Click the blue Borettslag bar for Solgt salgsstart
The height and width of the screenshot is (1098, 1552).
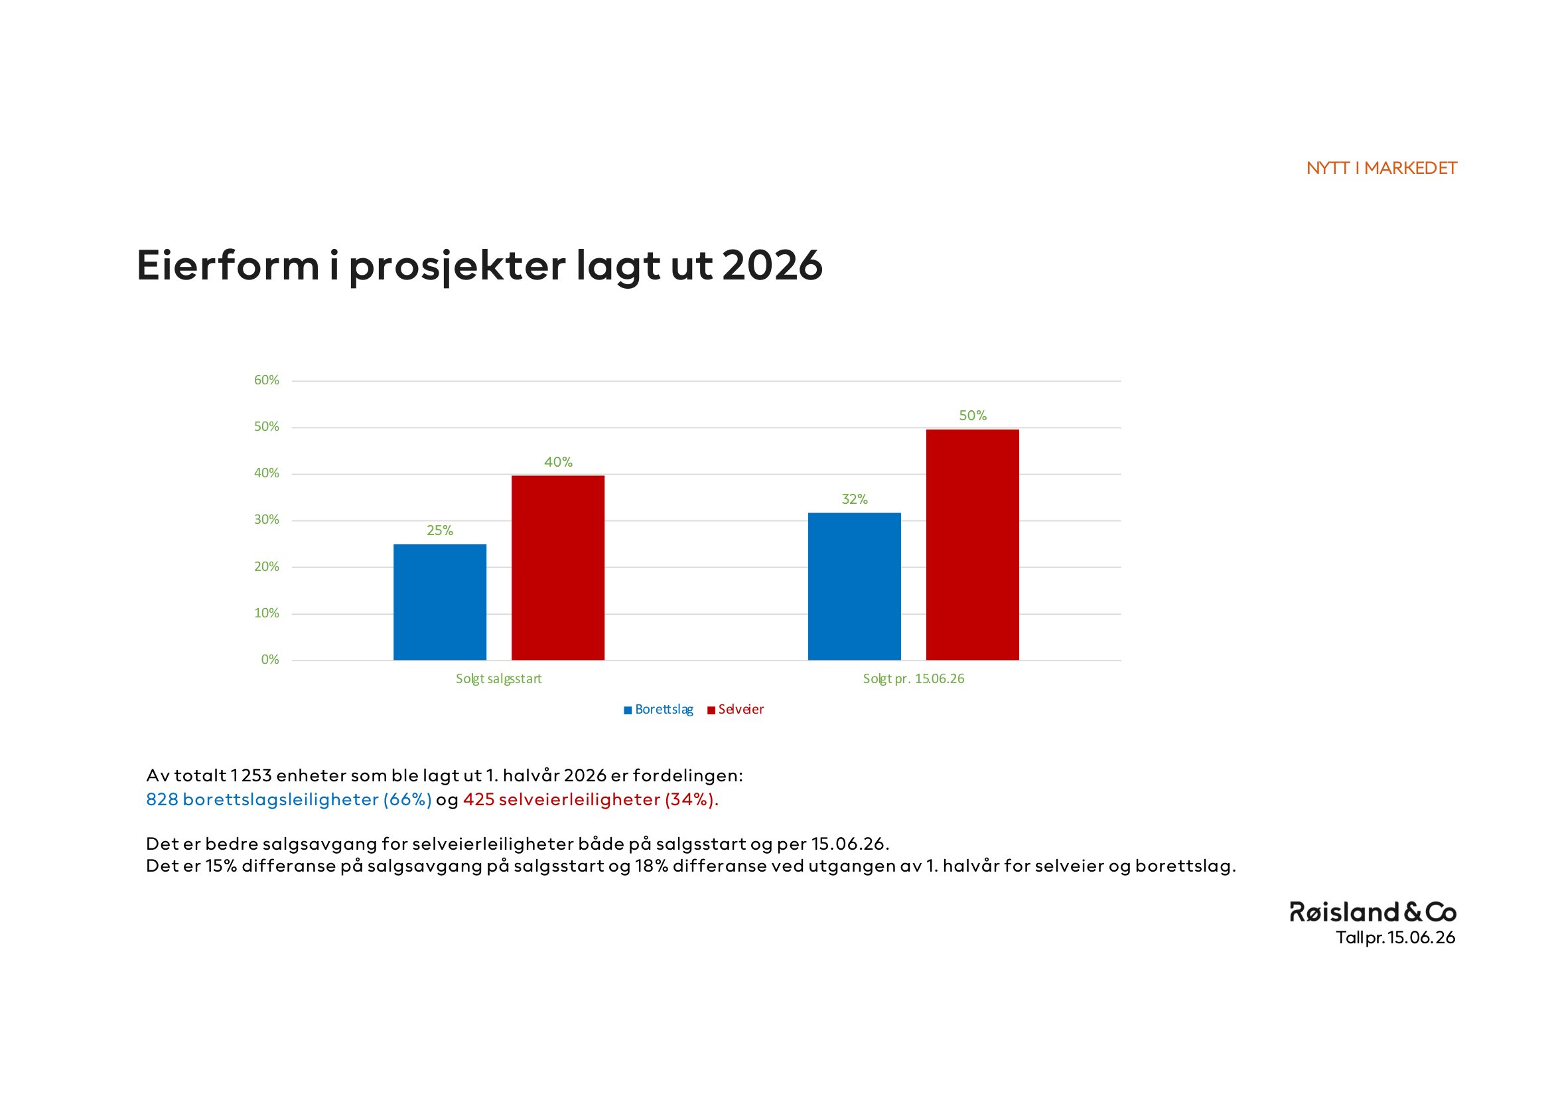(x=439, y=601)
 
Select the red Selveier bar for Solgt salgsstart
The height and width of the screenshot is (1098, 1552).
(x=557, y=568)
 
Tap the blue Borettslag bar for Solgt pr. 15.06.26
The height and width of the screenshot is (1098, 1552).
(x=855, y=586)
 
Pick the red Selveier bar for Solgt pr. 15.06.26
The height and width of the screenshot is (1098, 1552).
(x=972, y=545)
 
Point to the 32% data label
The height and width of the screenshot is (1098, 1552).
(x=855, y=500)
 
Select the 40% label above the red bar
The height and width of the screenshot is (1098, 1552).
(x=558, y=463)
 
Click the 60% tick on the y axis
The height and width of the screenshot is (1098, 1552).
(x=266, y=380)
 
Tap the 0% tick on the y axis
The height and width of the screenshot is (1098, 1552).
(x=269, y=660)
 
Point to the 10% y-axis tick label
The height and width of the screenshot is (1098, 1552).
(x=266, y=613)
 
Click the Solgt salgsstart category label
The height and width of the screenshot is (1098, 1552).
(x=498, y=679)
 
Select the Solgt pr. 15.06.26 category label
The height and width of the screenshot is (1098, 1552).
(x=913, y=679)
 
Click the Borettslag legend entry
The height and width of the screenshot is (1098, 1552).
(x=658, y=709)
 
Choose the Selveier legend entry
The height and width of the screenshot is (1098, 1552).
(x=735, y=709)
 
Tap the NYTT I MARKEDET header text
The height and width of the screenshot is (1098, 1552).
(x=1381, y=169)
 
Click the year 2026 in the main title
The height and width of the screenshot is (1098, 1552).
(x=772, y=266)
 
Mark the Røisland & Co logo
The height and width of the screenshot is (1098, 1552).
(x=1373, y=912)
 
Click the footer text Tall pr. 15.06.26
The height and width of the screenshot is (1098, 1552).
(x=1396, y=938)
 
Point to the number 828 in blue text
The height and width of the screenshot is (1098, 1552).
(x=162, y=800)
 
